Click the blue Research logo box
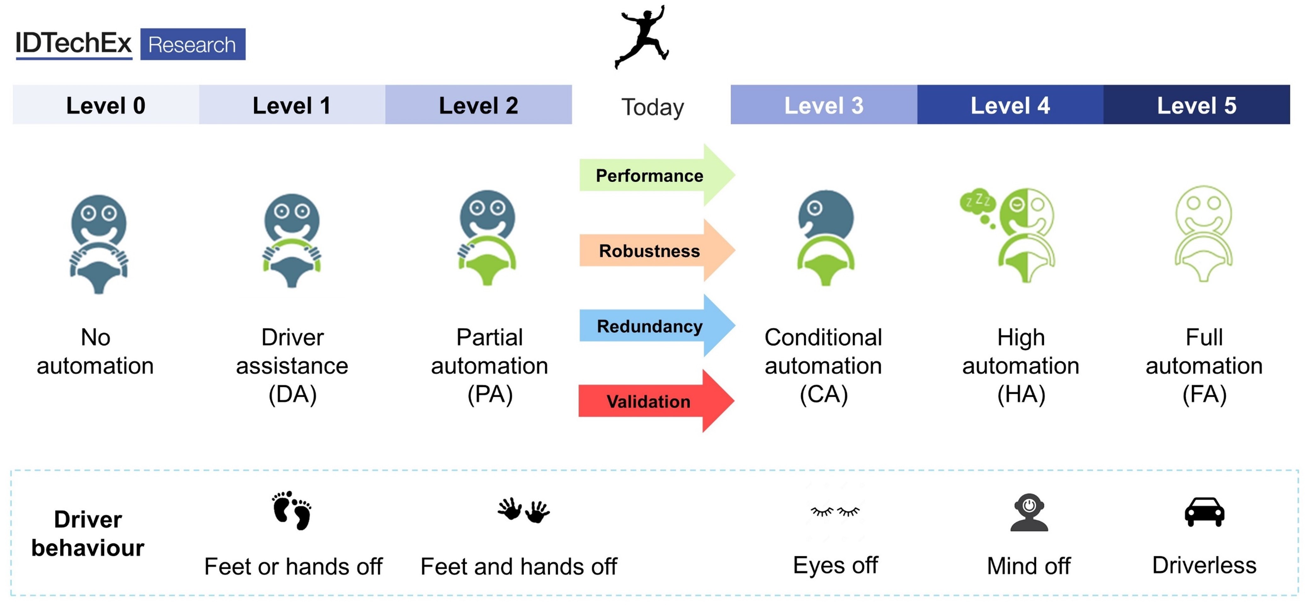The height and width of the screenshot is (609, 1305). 192,45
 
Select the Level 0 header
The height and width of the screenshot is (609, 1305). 105,105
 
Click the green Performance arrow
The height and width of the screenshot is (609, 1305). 653,175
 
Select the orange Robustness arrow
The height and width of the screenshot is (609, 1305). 653,250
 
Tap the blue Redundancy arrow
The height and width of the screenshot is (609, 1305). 653,326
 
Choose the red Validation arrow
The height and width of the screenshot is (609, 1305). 653,401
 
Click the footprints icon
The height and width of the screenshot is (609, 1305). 292,510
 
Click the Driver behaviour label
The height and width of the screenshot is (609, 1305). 88,533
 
